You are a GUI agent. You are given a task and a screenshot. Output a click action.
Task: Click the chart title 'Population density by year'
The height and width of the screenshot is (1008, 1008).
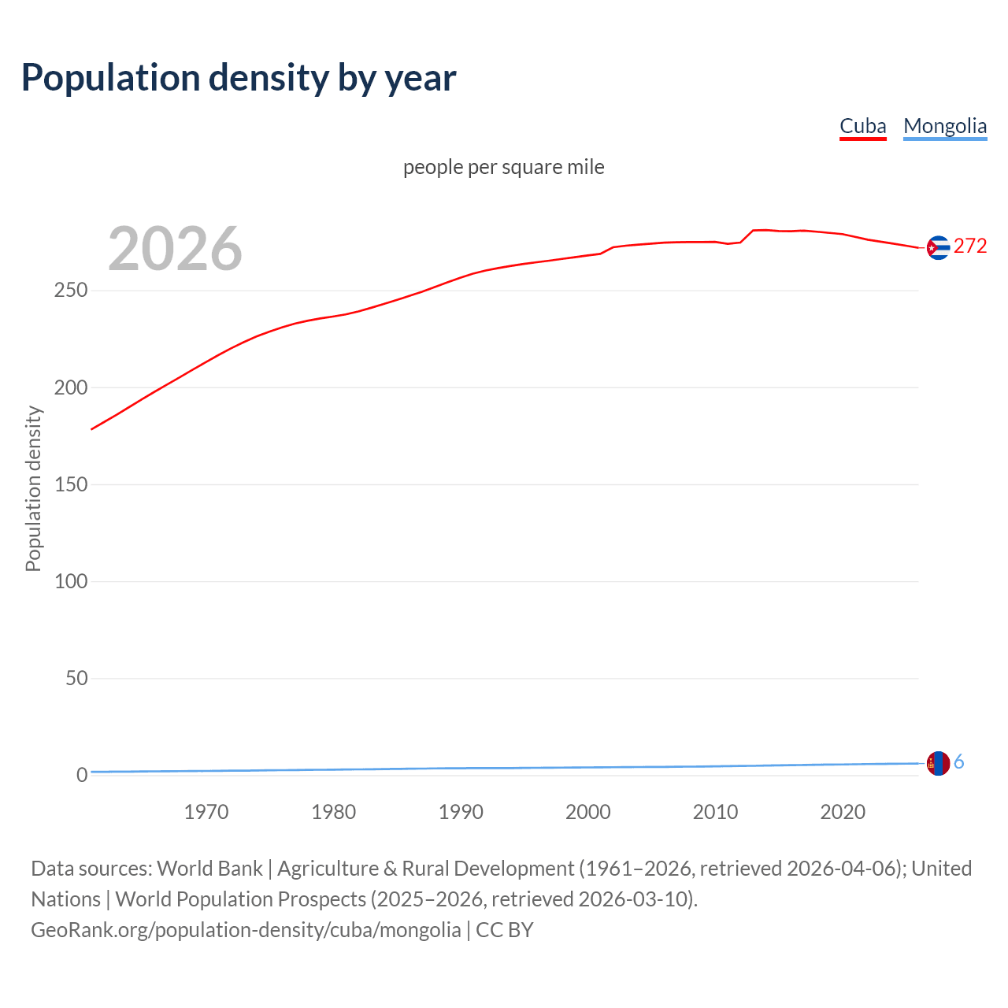(x=239, y=78)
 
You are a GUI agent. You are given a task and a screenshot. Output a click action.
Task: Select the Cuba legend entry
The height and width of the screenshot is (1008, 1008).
(x=862, y=126)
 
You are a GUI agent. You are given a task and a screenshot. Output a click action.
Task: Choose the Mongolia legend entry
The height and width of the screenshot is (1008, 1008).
(x=944, y=126)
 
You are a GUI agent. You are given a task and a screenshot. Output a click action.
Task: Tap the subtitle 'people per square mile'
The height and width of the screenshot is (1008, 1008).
(x=503, y=167)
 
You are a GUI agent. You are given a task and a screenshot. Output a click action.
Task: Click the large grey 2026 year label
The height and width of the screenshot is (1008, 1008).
(x=175, y=249)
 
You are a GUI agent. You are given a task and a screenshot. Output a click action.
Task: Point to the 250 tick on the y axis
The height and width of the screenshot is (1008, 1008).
(x=71, y=291)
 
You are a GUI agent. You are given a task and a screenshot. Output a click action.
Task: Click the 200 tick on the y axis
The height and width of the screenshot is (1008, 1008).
(x=71, y=387)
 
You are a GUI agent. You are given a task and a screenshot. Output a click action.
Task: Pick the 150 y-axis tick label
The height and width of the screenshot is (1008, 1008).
(x=71, y=484)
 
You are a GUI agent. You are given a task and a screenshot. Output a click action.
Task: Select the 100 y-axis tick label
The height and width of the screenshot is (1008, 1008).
(x=71, y=581)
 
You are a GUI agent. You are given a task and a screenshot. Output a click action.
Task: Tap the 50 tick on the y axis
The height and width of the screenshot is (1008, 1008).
(x=76, y=678)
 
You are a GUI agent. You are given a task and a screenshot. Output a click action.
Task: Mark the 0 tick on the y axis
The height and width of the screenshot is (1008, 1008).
(x=82, y=775)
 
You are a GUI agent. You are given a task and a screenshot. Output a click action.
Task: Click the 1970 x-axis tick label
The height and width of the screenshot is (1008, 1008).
(x=206, y=812)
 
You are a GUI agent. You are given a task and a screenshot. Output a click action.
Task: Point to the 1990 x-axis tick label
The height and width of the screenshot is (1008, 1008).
(x=461, y=812)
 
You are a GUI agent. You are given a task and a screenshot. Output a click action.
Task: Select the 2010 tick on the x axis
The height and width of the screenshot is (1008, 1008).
(x=715, y=812)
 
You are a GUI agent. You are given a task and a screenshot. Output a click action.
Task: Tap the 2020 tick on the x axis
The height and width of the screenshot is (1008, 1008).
(x=843, y=812)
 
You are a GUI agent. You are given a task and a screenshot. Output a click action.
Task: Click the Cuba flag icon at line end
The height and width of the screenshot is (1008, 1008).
(x=938, y=247)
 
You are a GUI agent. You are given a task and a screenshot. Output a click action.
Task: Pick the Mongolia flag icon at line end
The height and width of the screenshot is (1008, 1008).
(x=938, y=763)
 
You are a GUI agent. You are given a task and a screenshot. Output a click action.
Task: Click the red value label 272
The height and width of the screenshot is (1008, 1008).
(x=970, y=246)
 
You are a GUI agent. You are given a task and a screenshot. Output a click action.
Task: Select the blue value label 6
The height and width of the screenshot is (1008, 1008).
(x=959, y=762)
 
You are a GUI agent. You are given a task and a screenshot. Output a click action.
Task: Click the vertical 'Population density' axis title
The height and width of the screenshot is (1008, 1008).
(x=33, y=488)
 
